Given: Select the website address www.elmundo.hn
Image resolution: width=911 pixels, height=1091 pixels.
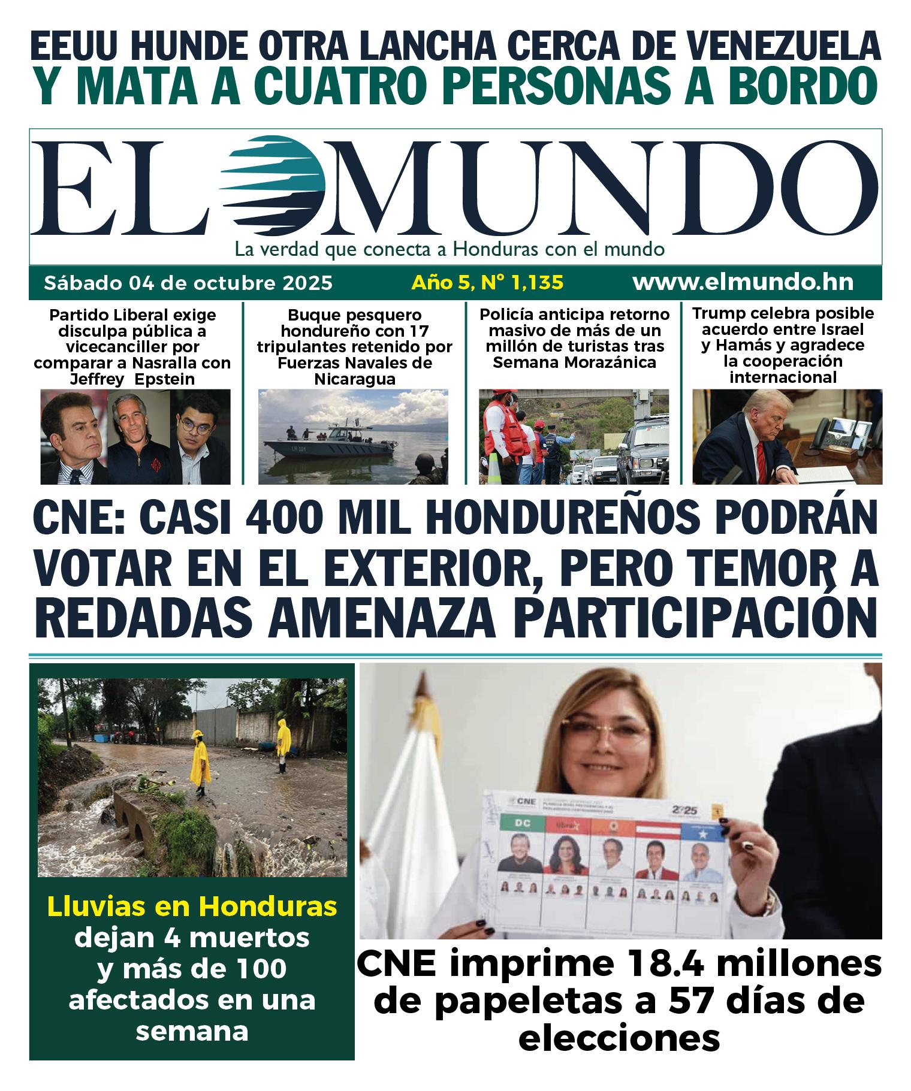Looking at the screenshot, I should pyautogui.click(x=743, y=282).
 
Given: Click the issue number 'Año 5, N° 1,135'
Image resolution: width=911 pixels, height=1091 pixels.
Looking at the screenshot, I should pyautogui.click(x=487, y=282).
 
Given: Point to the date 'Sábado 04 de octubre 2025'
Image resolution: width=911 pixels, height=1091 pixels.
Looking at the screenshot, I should pyautogui.click(x=188, y=282).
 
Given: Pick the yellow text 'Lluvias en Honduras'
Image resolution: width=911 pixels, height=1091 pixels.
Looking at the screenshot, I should pyautogui.click(x=192, y=906).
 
